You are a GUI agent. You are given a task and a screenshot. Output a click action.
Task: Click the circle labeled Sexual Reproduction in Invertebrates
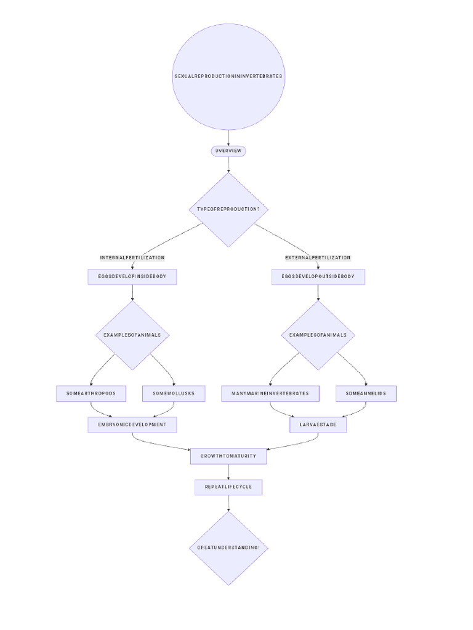(228, 76)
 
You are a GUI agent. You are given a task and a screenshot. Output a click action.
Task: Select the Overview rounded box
(228, 151)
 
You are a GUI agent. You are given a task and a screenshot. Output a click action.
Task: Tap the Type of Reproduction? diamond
(228, 209)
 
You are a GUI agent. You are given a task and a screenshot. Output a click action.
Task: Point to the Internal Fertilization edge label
(132, 257)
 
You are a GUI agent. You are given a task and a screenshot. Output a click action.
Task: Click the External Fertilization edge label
(318, 257)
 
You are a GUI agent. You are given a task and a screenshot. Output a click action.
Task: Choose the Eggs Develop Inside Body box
(132, 277)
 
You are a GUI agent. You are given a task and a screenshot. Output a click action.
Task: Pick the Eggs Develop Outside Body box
(318, 277)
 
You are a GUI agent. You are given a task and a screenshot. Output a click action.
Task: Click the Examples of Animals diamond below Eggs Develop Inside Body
(132, 335)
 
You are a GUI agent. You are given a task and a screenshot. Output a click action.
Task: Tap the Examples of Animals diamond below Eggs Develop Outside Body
(318, 335)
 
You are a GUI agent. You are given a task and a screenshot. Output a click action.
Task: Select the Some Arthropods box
(91, 393)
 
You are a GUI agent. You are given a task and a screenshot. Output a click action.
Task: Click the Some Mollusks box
(174, 393)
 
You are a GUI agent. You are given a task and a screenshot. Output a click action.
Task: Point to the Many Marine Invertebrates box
(270, 393)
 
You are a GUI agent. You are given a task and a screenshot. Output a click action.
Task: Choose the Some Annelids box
(366, 393)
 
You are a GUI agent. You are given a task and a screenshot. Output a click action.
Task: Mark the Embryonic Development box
(132, 425)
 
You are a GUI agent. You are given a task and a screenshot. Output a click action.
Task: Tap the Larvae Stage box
(318, 425)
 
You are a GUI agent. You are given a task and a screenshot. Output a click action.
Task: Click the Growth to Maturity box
(228, 457)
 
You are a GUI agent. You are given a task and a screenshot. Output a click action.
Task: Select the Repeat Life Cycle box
(228, 487)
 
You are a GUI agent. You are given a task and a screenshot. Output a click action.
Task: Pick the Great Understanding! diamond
(228, 548)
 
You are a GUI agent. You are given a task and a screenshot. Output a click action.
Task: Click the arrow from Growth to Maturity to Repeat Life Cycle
(228, 472)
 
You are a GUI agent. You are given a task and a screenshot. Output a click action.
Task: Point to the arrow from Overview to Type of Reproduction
(228, 164)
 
